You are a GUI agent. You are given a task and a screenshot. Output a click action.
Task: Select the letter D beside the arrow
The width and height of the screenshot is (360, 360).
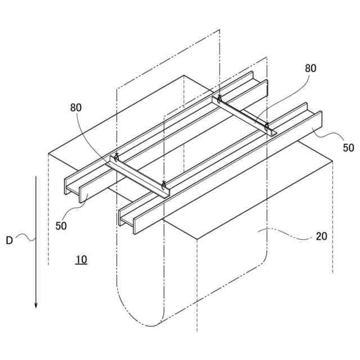(9, 240)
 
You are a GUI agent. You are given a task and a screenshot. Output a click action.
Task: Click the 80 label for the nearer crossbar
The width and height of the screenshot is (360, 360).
(78, 107)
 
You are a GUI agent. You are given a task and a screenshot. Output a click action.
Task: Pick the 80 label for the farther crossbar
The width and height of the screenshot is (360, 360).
(310, 69)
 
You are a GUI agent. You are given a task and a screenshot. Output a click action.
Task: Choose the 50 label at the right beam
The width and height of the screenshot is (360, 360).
(349, 148)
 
